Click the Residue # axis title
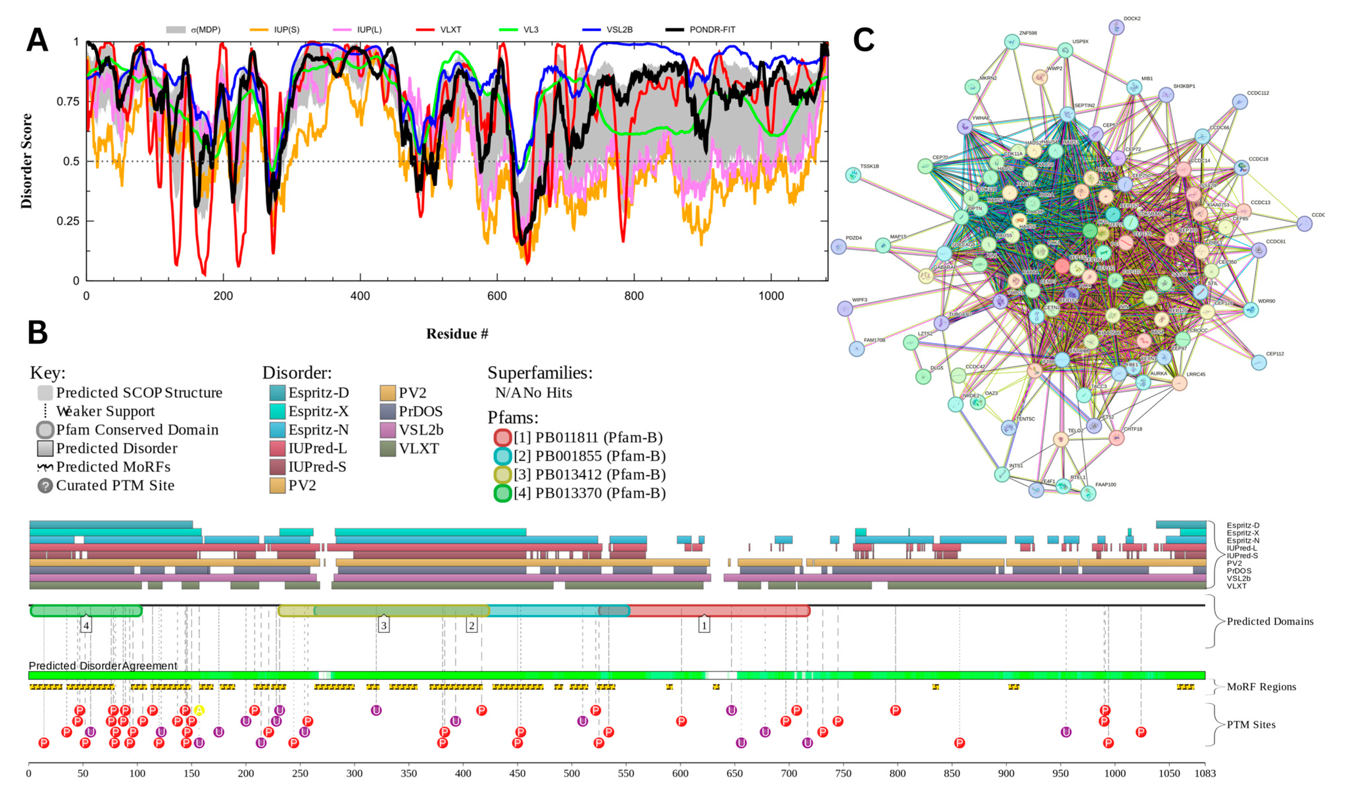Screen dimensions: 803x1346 (x=457, y=334)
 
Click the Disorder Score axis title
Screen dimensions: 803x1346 (x=26, y=161)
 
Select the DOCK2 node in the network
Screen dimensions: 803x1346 (x=1116, y=27)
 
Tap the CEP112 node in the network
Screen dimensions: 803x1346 (x=1259, y=362)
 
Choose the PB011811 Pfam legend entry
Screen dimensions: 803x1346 (x=588, y=437)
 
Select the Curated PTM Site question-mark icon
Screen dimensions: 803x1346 (x=45, y=485)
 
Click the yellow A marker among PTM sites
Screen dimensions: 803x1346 (x=199, y=710)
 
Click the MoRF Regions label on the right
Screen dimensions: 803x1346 (x=1261, y=687)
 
